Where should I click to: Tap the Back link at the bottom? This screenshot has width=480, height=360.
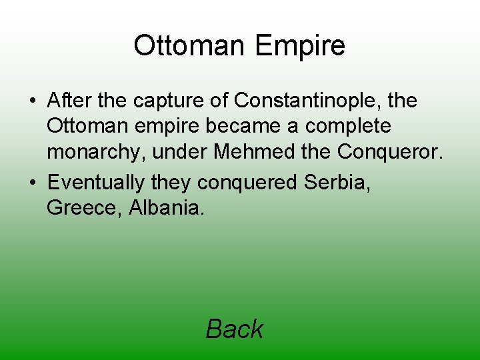(x=234, y=329)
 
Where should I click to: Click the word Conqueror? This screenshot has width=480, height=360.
(x=389, y=152)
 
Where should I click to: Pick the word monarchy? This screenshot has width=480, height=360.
(x=96, y=153)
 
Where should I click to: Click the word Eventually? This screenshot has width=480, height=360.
(x=96, y=181)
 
